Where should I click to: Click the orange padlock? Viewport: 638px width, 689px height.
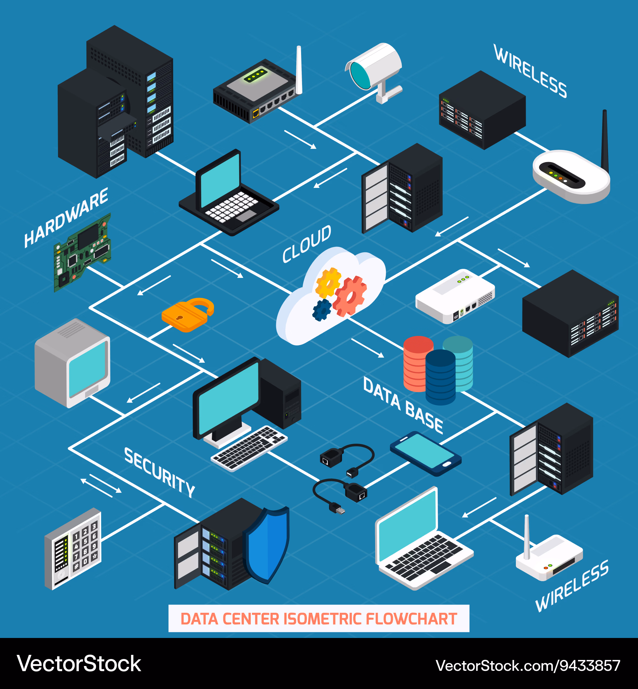point(186,315)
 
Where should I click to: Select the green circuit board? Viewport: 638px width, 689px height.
point(83,252)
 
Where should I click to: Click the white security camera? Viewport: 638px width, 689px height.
point(375,69)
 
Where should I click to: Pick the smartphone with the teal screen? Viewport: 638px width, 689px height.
point(425,453)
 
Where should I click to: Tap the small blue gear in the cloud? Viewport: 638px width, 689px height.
point(322,310)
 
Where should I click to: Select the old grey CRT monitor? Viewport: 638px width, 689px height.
point(72,362)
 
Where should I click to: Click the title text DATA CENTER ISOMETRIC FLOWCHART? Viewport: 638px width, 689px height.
point(319,619)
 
